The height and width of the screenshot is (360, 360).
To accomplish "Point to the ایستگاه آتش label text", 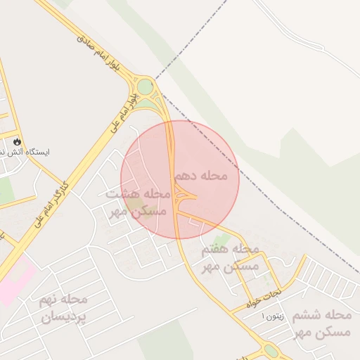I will click(x=44, y=151).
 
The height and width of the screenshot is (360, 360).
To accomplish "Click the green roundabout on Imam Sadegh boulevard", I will click(x=146, y=87).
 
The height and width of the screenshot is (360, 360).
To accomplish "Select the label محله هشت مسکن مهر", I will click(x=137, y=202).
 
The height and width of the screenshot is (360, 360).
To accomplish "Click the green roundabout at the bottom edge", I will click(x=271, y=350).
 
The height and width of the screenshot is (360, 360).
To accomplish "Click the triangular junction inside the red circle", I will click(x=186, y=193).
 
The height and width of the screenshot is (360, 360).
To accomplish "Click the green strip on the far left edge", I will click(x=6, y=190).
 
